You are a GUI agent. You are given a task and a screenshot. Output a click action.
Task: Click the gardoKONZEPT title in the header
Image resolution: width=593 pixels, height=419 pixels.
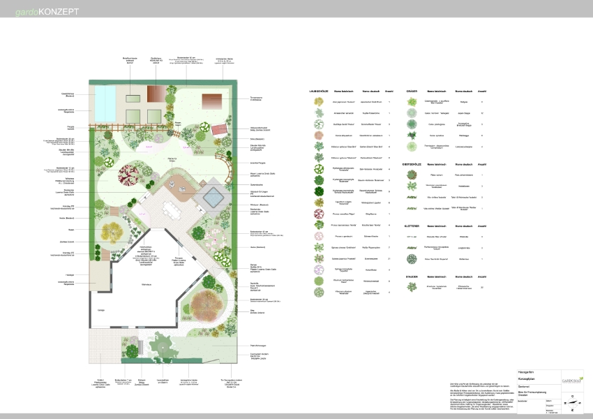(48, 13)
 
